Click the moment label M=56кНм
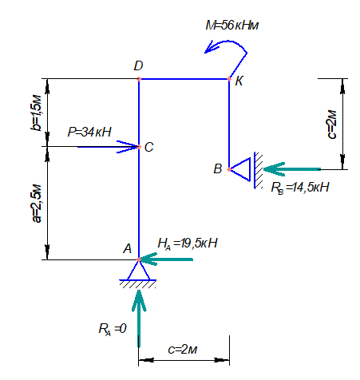pos(232,26)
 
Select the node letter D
pos(138,65)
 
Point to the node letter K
pos(239,81)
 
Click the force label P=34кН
pos(89,132)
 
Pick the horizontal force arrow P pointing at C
pos(108,147)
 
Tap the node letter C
pos(149,147)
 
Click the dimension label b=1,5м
pos(36,113)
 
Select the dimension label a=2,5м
pos(37,204)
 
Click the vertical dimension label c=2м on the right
pos(331,125)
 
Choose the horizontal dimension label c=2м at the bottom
pos(183,350)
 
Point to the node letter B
pos(218,168)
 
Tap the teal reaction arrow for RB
pos(292,169)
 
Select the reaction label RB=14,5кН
pos(300,188)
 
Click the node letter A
pos(128,248)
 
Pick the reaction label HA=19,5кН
pos(188,243)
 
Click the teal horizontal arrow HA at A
pos(166,259)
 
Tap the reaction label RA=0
pos(113,329)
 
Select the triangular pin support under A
pos(138,273)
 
